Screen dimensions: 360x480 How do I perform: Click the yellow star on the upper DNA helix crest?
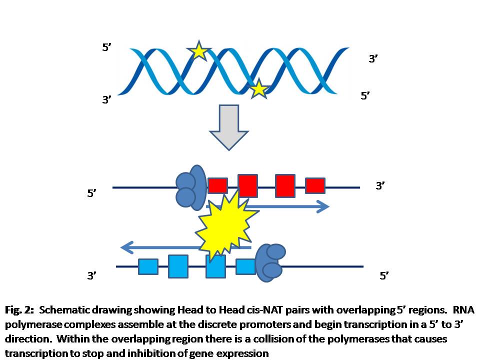pos(199,50)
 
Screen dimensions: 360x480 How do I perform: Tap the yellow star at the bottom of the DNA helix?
pos(258,89)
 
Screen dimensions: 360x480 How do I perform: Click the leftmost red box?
pos(217,185)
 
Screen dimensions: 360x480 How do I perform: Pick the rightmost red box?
pos(315,185)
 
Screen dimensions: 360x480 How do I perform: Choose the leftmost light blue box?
pos(148,267)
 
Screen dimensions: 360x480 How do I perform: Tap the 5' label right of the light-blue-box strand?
pos(384,275)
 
